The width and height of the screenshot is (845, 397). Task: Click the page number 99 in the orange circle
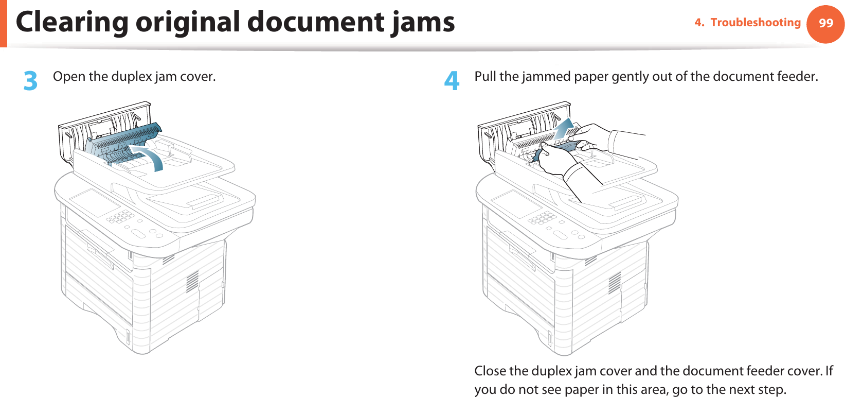(825, 23)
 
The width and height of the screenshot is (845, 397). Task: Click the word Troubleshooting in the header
(755, 23)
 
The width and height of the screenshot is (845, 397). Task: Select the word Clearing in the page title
(71, 22)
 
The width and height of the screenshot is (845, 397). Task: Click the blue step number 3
(31, 81)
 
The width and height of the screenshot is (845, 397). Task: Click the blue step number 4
(452, 81)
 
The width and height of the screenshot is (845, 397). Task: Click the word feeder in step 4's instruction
(797, 77)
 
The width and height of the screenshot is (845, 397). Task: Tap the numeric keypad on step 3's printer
(120, 217)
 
